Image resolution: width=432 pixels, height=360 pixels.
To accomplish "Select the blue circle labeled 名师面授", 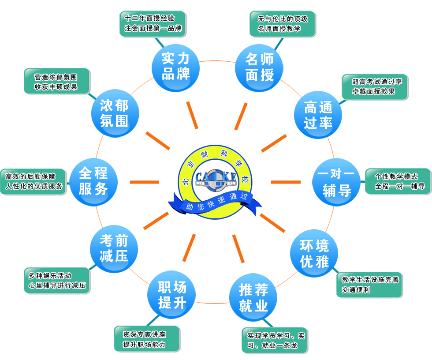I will (x=260, y=67).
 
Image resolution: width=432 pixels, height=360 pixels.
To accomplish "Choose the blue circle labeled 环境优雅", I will (x=314, y=254).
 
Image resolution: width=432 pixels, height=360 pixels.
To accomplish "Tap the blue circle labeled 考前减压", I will (x=114, y=247).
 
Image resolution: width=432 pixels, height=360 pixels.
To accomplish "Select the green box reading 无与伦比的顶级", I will (x=282, y=24).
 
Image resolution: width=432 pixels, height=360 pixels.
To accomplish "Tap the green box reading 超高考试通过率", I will (x=375, y=86).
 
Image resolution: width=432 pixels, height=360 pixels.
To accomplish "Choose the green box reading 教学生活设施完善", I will (x=369, y=285).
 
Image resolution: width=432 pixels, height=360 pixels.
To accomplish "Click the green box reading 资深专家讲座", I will (x=146, y=339).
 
